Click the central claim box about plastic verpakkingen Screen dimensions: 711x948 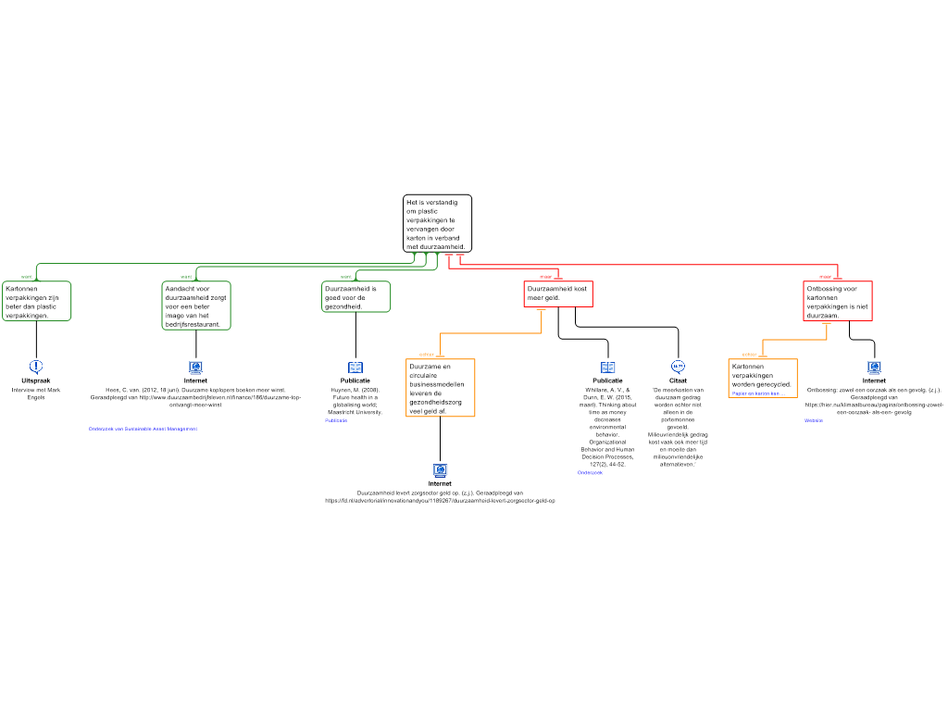point(437,223)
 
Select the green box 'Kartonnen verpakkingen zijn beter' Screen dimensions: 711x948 point(37,302)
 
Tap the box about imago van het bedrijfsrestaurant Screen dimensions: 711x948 point(196,306)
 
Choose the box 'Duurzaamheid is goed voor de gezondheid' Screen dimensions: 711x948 point(356,297)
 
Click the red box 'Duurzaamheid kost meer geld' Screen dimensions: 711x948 point(558,293)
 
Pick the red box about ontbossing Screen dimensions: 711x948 point(838,302)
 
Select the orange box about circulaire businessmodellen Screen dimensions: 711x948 point(441,388)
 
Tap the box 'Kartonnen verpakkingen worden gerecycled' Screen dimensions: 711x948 point(763,375)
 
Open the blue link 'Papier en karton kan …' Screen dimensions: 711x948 point(756,393)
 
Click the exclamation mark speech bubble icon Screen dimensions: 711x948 point(36,367)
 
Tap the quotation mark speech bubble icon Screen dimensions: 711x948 point(678,368)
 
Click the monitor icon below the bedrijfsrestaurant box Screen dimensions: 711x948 point(196,368)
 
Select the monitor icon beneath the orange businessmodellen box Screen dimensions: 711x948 point(441,470)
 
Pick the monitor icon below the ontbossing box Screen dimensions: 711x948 point(874,368)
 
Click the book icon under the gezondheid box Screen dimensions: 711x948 point(355,368)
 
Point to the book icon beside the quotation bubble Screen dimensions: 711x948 point(608,368)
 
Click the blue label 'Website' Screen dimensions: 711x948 point(814,420)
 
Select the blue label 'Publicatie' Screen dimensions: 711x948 point(336,420)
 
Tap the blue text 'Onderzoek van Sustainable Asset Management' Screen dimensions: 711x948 point(143,429)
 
